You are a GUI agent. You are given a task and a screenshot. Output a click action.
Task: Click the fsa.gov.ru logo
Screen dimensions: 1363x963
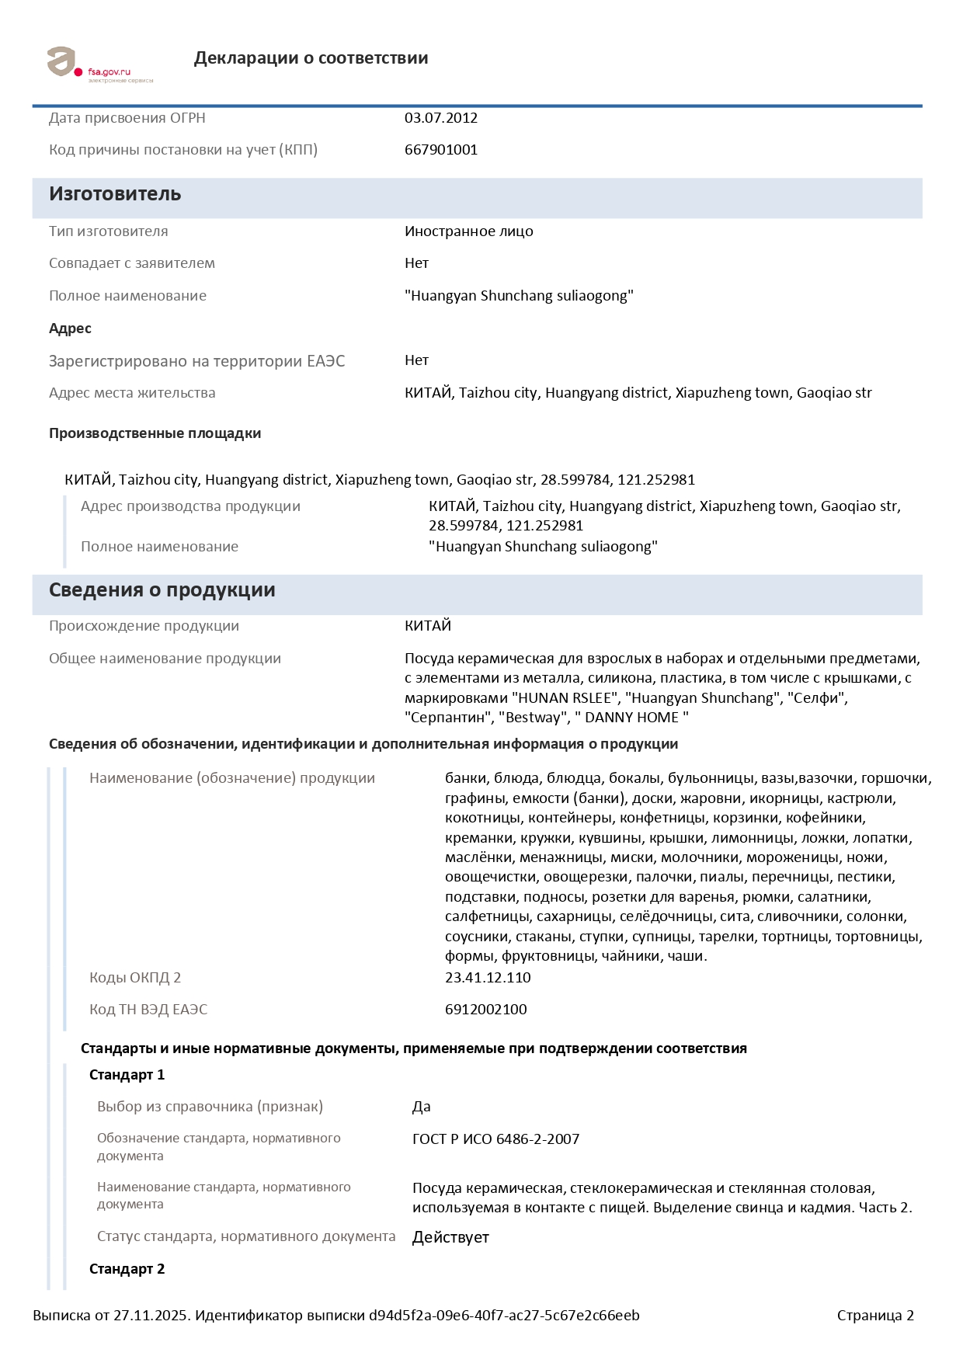(99, 65)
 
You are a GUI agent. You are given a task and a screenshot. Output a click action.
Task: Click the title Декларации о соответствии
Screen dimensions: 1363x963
(311, 58)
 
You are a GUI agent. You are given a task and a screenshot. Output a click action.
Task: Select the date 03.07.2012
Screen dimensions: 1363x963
(440, 118)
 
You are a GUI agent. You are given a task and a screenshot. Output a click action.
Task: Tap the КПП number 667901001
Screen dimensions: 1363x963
(440, 150)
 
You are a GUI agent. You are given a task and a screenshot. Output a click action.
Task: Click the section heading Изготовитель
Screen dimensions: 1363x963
(115, 194)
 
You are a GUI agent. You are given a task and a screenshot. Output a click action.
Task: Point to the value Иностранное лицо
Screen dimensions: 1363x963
(468, 231)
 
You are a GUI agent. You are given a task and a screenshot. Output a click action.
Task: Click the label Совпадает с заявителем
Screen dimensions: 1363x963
(132, 263)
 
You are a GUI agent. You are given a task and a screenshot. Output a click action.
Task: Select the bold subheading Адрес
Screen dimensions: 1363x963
(70, 329)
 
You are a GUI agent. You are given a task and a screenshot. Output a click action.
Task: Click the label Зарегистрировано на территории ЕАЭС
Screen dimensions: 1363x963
(196, 361)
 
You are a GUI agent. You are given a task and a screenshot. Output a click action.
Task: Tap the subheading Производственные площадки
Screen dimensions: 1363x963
(155, 433)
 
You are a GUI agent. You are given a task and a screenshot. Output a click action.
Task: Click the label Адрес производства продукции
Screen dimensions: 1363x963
(190, 506)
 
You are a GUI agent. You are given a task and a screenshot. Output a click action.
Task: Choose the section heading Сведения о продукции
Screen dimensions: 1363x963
(162, 590)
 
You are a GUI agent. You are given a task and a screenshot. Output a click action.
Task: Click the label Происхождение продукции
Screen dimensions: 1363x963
(144, 626)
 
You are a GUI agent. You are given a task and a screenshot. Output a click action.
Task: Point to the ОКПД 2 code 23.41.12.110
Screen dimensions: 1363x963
(488, 978)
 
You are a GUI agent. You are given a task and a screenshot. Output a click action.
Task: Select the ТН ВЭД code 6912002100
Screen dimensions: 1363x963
(485, 1010)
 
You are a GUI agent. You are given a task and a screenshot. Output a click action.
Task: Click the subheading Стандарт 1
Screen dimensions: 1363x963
(127, 1075)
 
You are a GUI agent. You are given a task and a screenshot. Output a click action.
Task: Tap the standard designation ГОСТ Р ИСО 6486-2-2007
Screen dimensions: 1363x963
(495, 1139)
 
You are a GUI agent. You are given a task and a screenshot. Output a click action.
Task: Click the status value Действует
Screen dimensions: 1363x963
(450, 1237)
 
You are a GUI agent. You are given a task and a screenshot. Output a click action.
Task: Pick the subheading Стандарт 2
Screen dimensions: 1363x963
(127, 1269)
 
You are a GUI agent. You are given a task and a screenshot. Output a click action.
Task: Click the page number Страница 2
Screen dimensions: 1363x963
(875, 1316)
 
